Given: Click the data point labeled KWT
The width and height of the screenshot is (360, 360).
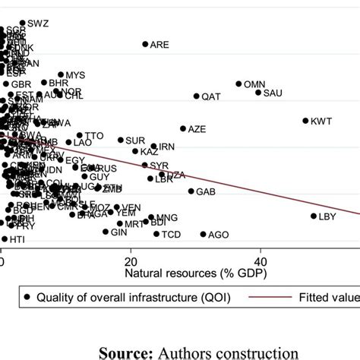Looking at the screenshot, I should [306, 121].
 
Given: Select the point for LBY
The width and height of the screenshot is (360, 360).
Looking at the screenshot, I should [313, 216].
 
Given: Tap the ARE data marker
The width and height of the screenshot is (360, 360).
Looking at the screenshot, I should [146, 44].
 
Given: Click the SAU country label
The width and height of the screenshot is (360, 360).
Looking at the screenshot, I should [273, 93].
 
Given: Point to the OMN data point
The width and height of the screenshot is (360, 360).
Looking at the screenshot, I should [238, 84].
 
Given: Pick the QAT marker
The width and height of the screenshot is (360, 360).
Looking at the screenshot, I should [196, 96].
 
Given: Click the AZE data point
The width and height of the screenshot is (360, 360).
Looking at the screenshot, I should [183, 129].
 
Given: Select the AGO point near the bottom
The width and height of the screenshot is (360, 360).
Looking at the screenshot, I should [203, 235].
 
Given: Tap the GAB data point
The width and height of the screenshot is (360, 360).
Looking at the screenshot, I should [191, 191].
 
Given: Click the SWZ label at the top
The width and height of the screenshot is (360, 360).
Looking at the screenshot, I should [38, 24].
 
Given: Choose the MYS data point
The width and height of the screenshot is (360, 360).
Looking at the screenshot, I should [62, 75].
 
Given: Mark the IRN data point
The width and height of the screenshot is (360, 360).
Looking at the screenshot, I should [153, 147].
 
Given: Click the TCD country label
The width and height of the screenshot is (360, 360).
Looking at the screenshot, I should [172, 235].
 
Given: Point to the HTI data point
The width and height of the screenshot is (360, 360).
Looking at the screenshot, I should [5, 238].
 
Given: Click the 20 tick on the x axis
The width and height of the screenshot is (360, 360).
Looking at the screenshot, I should [131, 261].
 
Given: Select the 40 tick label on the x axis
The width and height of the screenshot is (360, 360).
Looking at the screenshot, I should [260, 261].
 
